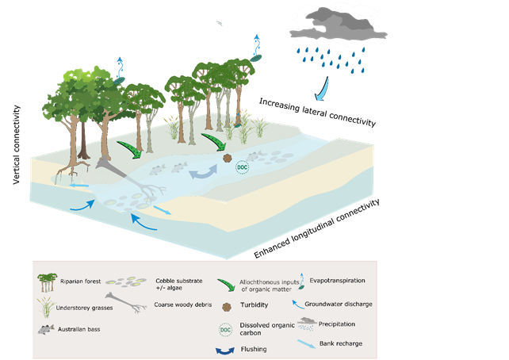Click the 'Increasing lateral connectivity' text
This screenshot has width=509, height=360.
coord(317,112)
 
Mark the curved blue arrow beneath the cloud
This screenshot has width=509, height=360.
coord(323,83)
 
